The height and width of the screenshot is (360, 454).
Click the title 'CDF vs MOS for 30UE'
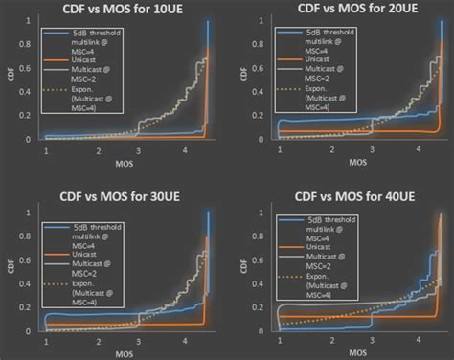(x=116, y=194)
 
